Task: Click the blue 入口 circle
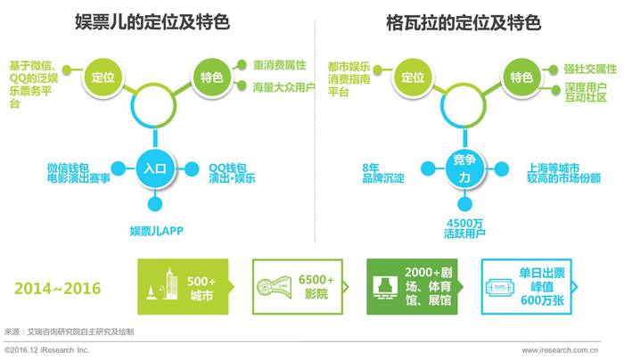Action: click(155, 168)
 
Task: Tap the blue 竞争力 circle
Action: click(464, 168)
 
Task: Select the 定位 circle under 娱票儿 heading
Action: click(103, 77)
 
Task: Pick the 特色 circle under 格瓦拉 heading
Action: click(521, 77)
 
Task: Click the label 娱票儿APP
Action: click(156, 231)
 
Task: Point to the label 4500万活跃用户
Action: click(464, 228)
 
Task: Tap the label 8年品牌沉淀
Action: click(382, 174)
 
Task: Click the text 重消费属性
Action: click(279, 65)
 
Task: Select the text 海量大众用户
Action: click(283, 87)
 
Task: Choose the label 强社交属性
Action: click(590, 70)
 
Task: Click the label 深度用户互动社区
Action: click(586, 93)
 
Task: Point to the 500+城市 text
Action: click(201, 289)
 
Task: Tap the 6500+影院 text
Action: click(316, 287)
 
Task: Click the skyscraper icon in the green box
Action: click(171, 284)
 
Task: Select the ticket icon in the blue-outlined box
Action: click(499, 287)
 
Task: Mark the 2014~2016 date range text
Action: click(58, 289)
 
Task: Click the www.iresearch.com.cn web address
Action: click(560, 350)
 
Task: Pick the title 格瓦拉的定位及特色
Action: click(464, 22)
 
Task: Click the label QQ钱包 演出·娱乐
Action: click(232, 174)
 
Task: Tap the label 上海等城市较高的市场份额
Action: click(563, 174)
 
